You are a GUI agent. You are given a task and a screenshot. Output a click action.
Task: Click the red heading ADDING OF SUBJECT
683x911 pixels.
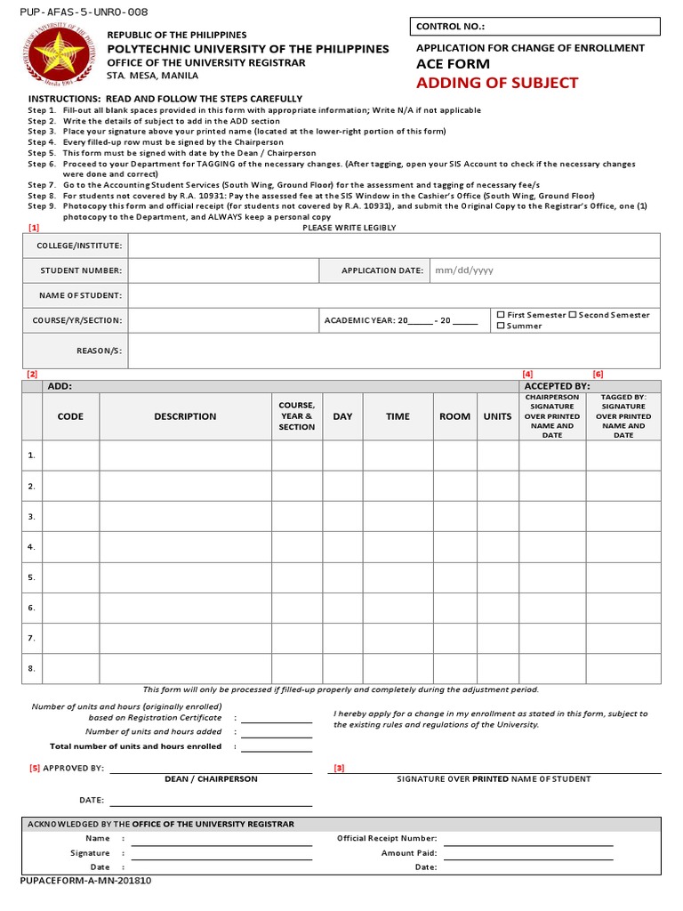497,83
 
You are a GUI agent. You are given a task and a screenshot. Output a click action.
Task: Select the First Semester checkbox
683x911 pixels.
501,315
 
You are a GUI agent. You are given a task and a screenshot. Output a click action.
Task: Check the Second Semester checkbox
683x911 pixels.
573,315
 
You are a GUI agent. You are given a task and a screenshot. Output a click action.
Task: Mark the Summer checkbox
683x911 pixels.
501,326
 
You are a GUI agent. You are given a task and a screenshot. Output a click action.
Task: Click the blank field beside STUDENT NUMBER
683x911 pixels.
223,270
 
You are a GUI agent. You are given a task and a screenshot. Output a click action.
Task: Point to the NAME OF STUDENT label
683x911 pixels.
80,295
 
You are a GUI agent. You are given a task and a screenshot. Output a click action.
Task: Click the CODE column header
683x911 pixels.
70,416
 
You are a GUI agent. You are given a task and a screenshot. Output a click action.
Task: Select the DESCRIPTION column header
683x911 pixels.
185,416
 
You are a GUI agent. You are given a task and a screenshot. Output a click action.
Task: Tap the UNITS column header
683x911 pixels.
497,416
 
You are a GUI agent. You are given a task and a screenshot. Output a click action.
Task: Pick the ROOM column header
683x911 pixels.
454,416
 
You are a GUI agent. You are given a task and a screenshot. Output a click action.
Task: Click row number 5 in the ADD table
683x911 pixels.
31,577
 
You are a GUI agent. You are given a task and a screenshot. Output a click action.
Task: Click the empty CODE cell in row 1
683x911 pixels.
70,455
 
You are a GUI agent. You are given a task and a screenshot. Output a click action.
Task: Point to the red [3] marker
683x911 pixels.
339,768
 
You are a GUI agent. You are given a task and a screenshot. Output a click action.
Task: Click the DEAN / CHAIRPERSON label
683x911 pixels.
211,779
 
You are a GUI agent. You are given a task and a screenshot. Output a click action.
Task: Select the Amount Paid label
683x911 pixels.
409,852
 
